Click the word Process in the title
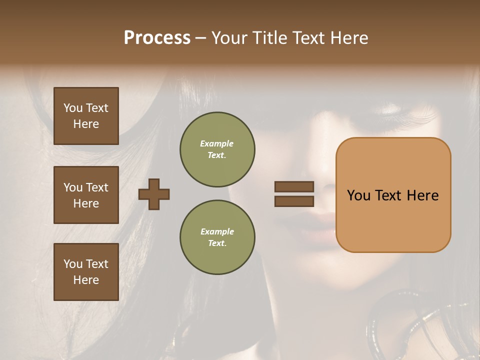click(x=157, y=38)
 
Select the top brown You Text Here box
click(x=86, y=116)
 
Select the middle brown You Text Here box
click(x=86, y=195)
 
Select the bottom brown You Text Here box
click(x=86, y=271)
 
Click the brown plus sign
click(x=154, y=194)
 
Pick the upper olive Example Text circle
click(x=217, y=149)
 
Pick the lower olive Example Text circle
click(x=217, y=237)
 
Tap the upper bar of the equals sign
click(x=294, y=186)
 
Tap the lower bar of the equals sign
click(x=294, y=201)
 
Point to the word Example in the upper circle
click(x=216, y=143)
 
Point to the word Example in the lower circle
click(x=217, y=231)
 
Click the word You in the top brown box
click(x=72, y=108)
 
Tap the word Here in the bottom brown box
click(x=86, y=280)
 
